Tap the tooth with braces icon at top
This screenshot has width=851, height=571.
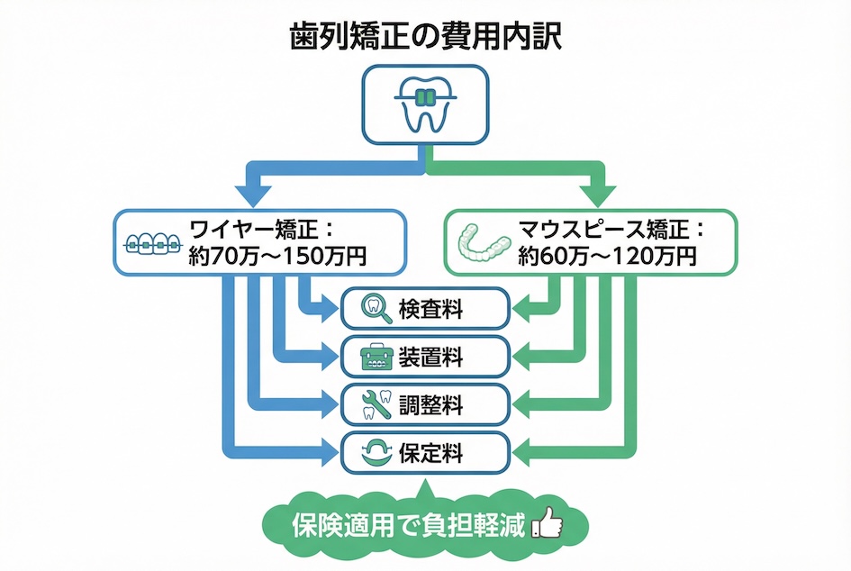pyautogui.click(x=424, y=107)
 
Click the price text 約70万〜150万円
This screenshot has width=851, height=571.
pyautogui.click(x=277, y=256)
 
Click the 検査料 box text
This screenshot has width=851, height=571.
pyautogui.click(x=430, y=309)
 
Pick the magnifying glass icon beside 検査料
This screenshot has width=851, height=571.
pyautogui.click(x=373, y=309)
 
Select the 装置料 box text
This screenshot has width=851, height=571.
pyautogui.click(x=430, y=357)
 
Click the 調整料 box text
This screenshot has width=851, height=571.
pyautogui.click(x=430, y=405)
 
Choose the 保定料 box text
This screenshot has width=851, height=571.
pyautogui.click(x=430, y=453)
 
